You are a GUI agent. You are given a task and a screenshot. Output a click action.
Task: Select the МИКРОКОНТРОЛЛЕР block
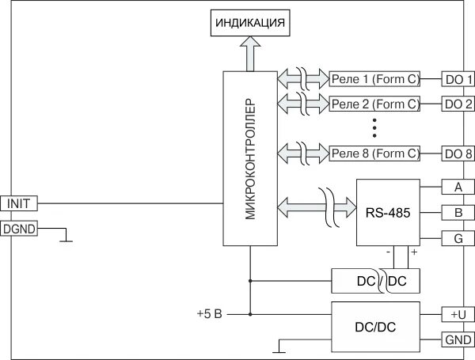point(249,158)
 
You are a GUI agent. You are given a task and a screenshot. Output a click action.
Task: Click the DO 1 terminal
point(458,79)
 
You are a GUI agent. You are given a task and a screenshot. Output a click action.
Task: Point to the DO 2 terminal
point(458,104)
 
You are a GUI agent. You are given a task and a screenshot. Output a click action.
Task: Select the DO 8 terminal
point(458,153)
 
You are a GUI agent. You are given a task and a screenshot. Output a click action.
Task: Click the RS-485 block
point(387,212)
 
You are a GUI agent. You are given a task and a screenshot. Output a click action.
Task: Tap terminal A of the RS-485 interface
point(458,188)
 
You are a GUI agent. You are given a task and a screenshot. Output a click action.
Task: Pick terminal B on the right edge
point(458,212)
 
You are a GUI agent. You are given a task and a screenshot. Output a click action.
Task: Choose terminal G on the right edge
point(458,237)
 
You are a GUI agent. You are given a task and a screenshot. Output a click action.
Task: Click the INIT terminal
point(18,203)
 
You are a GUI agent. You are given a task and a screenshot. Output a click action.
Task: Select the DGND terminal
point(18,229)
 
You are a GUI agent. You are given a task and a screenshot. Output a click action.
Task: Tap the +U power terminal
point(458,315)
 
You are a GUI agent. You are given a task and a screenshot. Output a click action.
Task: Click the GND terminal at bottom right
point(458,339)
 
